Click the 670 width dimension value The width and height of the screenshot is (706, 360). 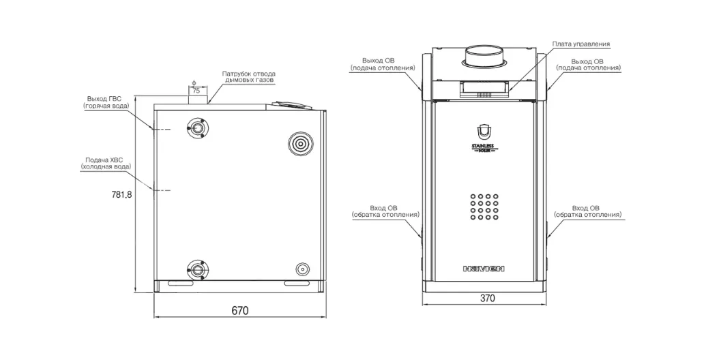point(240,310)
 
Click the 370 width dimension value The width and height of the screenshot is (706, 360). point(488,298)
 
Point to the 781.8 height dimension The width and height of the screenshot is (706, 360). point(121,195)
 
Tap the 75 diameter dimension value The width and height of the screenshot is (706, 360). point(196,91)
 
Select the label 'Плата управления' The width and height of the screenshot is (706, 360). point(581,44)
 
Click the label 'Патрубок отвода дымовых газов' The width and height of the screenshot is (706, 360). point(248,76)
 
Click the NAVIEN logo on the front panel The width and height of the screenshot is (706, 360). point(484,269)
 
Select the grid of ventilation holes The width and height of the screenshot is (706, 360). point(484,207)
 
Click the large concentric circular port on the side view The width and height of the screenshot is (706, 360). point(299,144)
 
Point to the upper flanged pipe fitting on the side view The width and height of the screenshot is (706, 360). point(196,127)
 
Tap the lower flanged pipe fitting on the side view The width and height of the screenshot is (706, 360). point(196,269)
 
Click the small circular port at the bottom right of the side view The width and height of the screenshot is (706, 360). point(302,269)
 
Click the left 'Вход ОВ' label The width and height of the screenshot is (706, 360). point(385,211)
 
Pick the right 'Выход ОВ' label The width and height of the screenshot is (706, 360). point(589,64)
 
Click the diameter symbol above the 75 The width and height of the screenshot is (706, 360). point(194,83)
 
